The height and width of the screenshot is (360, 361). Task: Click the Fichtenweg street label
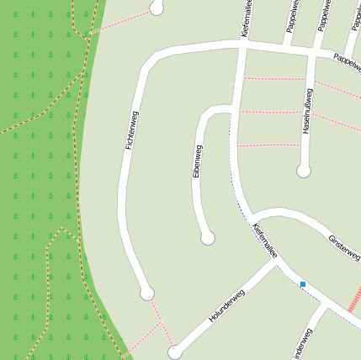131,130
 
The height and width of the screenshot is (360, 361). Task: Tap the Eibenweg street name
198,161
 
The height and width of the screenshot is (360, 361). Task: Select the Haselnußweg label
307,110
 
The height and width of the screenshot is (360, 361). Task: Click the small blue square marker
303,284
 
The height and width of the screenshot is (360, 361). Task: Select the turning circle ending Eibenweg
208,238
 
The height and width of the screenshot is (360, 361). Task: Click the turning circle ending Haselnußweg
304,171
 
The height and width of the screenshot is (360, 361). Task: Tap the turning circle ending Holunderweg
174,352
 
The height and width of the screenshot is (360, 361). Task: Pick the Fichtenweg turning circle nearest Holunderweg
147,294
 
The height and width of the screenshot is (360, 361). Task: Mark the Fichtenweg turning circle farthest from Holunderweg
156,8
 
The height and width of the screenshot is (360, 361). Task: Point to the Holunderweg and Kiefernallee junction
276,262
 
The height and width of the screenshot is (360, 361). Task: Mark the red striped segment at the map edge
354,299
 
